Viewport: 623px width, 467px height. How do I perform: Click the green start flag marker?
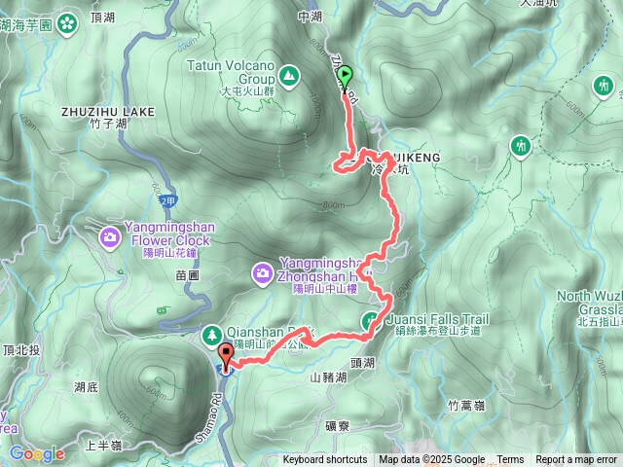click(345, 74)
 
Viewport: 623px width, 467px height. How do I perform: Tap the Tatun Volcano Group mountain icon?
click(289, 74)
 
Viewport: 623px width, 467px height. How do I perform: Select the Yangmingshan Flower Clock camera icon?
click(110, 236)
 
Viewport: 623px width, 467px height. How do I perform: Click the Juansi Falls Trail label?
click(436, 318)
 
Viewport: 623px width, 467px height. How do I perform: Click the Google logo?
click(37, 453)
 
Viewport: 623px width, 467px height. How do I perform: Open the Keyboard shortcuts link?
click(325, 460)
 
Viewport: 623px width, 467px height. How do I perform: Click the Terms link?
click(510, 460)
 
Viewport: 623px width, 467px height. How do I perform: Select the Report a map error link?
click(576, 460)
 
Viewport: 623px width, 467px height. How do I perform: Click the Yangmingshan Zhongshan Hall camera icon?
click(262, 274)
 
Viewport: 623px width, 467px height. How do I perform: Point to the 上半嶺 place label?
click(103, 446)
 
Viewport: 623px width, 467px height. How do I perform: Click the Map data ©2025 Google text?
click(432, 460)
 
